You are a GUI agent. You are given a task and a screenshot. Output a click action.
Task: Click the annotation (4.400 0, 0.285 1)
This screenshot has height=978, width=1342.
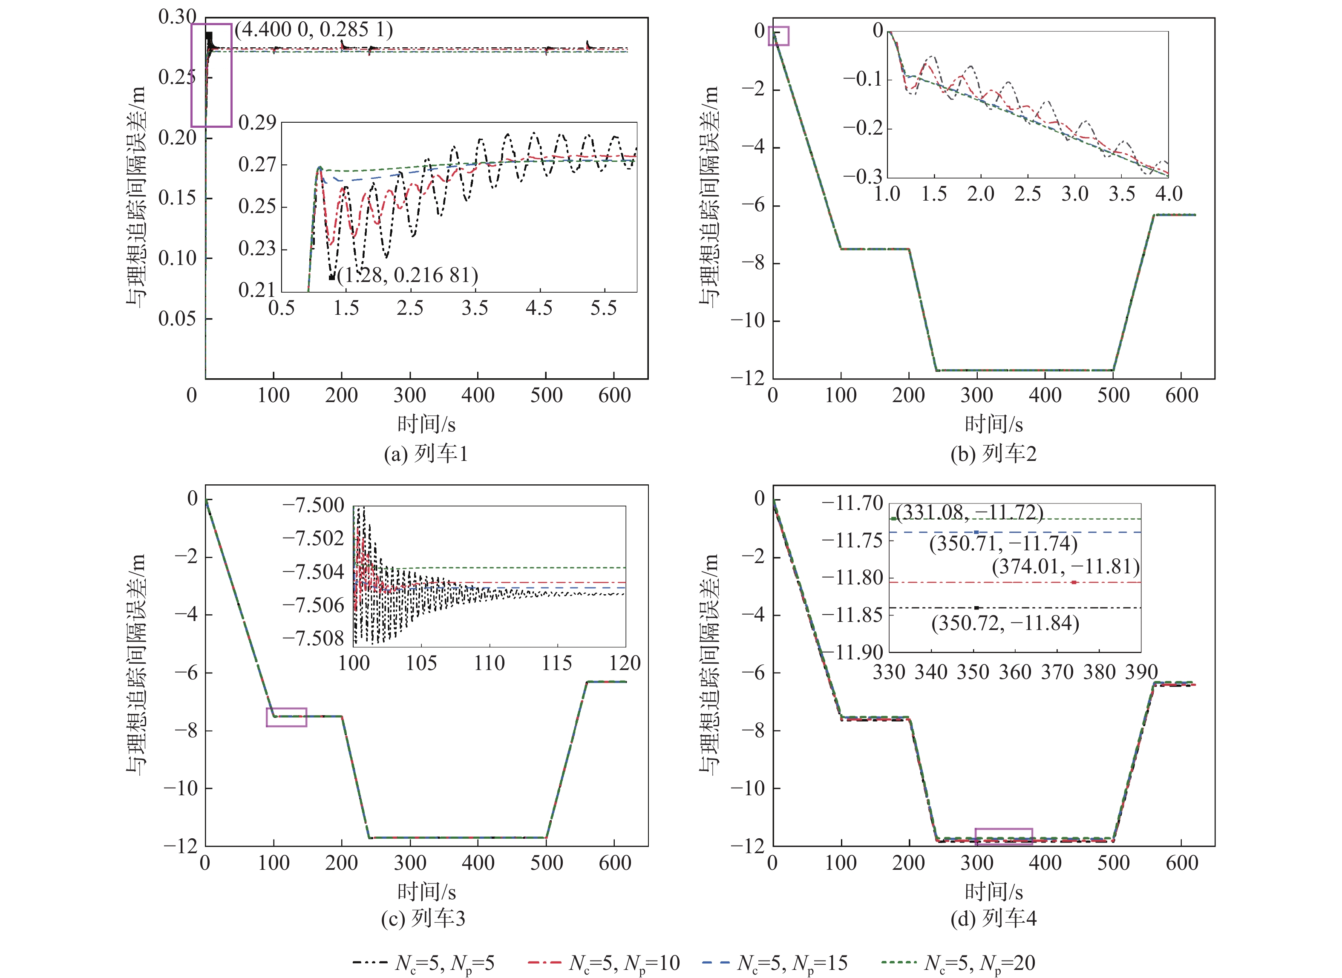tap(314, 29)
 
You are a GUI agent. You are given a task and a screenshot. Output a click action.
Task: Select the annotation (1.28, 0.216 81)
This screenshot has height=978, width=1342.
tap(407, 275)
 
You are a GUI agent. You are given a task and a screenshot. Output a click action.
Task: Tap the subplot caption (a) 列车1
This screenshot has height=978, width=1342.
tap(426, 454)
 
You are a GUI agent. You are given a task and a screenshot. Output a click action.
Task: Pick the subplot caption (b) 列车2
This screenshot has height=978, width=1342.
tap(994, 454)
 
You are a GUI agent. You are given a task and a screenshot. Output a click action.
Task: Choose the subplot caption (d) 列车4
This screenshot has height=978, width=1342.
tap(994, 918)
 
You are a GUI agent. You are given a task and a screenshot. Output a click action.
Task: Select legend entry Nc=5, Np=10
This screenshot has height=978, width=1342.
tap(604, 963)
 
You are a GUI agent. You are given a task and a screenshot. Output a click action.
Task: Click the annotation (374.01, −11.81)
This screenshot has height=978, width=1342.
tap(1066, 567)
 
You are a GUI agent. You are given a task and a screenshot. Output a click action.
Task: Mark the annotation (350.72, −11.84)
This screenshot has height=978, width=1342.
tap(1005, 623)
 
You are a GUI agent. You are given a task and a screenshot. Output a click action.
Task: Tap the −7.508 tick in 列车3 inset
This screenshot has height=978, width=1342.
tap(314, 638)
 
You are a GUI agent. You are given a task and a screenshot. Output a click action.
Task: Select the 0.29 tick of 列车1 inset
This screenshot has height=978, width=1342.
tap(257, 123)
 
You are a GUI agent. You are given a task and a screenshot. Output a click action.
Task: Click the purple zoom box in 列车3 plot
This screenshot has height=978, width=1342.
tap(287, 717)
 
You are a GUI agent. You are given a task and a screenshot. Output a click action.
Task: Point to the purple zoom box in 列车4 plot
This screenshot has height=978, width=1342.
tap(1003, 836)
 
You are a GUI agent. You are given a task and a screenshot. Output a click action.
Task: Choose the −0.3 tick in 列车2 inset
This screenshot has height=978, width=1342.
tap(862, 176)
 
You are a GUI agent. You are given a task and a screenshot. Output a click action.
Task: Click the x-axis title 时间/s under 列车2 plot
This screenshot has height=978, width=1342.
tap(994, 424)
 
